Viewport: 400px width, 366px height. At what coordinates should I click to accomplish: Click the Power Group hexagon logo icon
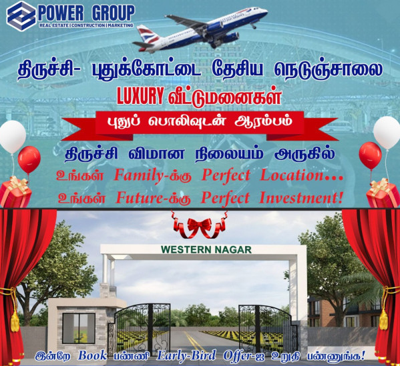tap(21, 15)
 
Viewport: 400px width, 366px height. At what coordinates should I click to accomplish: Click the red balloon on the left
tap(29, 159)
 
